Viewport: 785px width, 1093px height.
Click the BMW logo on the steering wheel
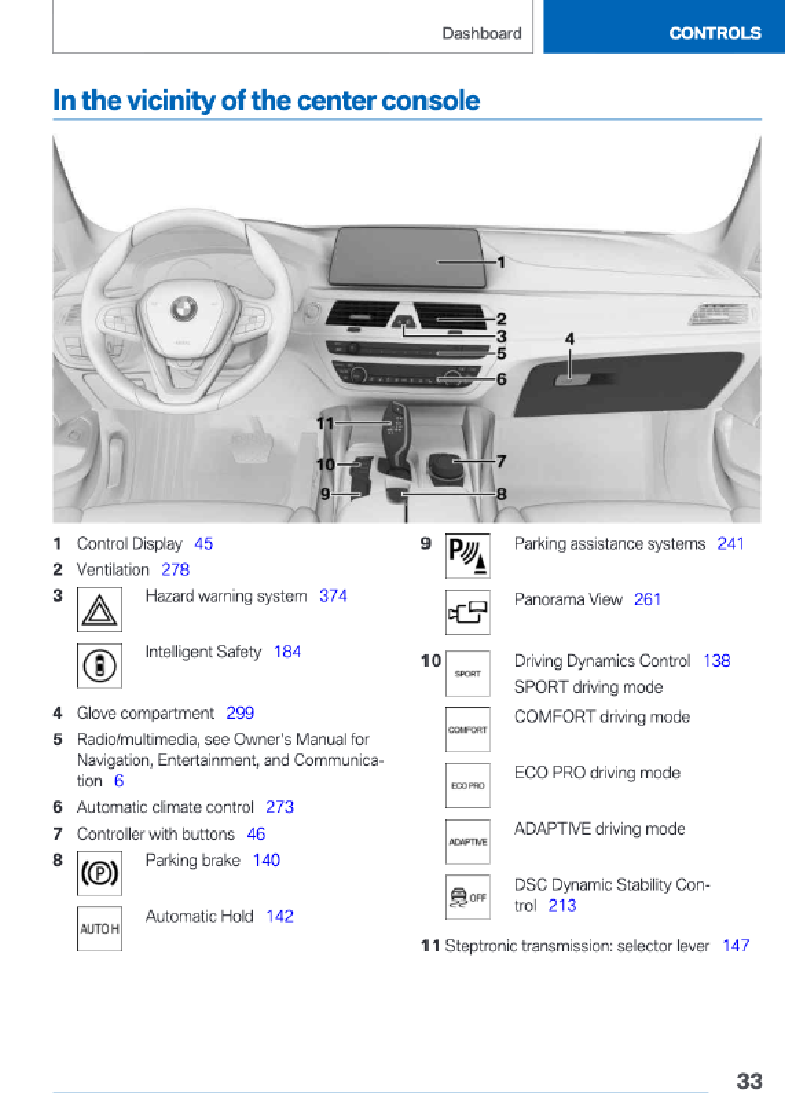click(x=183, y=309)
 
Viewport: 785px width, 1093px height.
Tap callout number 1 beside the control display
click(x=501, y=262)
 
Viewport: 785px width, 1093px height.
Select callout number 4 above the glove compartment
click(x=569, y=338)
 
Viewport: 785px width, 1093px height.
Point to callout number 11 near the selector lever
click(x=325, y=423)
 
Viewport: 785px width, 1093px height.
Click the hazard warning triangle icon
click(x=100, y=609)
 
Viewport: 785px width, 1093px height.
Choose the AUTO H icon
click(x=100, y=929)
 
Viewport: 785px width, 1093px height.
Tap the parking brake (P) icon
click(x=100, y=873)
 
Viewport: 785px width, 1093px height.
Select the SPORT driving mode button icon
click(x=468, y=674)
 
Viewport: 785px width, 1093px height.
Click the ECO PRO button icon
click(x=468, y=786)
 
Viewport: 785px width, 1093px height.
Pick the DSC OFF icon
click(x=468, y=897)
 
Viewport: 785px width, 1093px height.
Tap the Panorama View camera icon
click(x=468, y=612)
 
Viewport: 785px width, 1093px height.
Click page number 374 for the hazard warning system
click(x=333, y=596)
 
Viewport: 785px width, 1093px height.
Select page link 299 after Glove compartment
click(x=240, y=713)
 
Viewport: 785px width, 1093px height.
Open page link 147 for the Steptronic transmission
click(x=736, y=945)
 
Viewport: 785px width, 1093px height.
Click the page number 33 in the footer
click(x=749, y=1080)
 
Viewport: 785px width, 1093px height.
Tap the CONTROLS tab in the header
click(x=714, y=33)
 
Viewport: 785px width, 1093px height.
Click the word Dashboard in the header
click(x=481, y=33)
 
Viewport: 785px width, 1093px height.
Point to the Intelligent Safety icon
click(x=100, y=665)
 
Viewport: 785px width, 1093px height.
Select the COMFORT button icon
click(x=468, y=729)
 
